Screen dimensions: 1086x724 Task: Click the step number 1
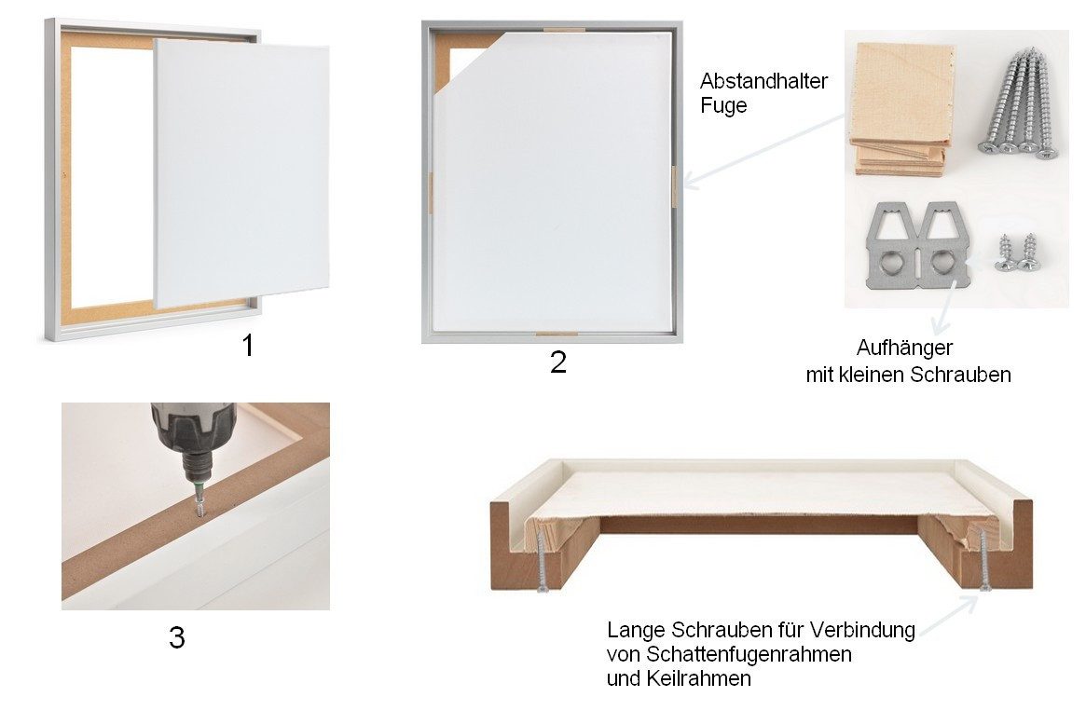[247, 346]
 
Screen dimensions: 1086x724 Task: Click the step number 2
[558, 362]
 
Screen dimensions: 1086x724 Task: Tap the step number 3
[176, 637]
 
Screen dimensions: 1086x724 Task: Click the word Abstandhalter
[764, 81]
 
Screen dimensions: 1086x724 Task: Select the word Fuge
[723, 106]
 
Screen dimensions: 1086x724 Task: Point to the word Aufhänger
[904, 348]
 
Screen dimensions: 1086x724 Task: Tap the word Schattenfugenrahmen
[749, 654]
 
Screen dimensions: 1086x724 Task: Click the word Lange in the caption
[636, 631]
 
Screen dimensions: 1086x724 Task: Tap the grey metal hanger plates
[918, 244]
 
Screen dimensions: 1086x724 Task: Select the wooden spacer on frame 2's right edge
[672, 182]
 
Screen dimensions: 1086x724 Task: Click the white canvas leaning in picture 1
[241, 173]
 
